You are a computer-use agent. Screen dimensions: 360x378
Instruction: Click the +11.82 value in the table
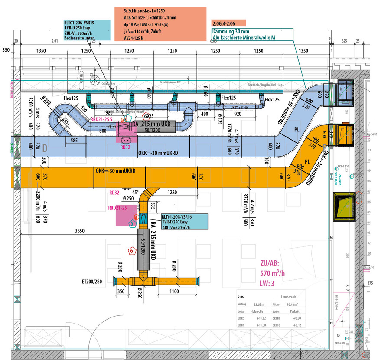(261, 318)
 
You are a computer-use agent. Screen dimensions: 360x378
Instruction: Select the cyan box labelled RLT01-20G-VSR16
(182, 221)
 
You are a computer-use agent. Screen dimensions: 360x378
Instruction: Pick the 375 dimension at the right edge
(369, 283)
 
